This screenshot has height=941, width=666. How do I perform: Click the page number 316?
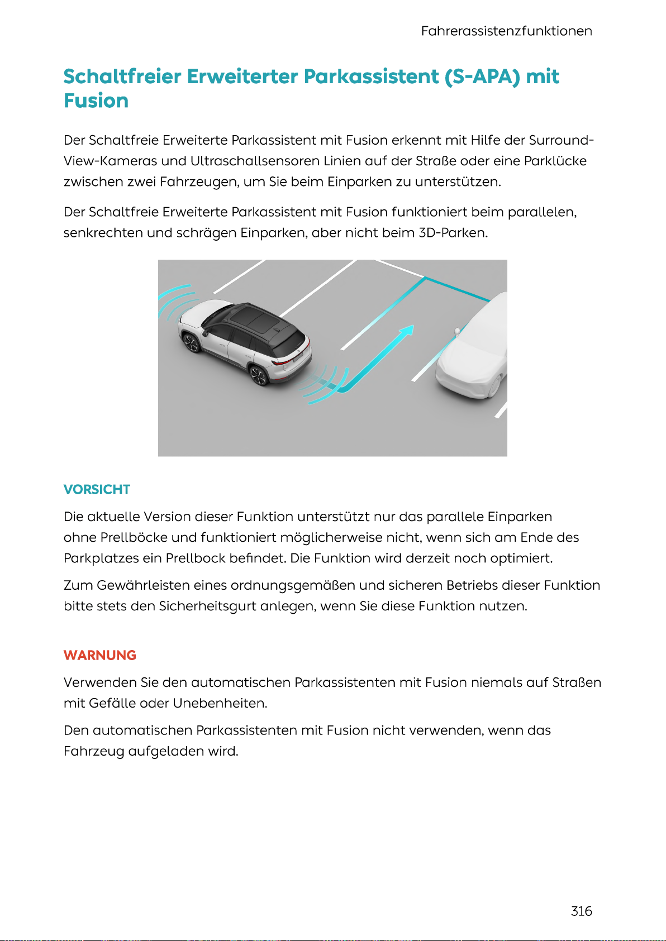pos(581,911)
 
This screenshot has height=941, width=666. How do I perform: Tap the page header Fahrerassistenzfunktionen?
pos(506,31)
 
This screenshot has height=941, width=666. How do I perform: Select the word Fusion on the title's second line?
pos(96,101)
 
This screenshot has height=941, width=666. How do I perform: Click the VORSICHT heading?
pos(97,490)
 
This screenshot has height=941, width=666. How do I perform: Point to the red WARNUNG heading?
pos(100,655)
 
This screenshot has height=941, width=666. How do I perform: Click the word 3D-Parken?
pos(453,233)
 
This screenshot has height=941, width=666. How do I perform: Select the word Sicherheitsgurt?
pos(208,606)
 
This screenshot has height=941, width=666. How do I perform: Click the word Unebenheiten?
pos(220,704)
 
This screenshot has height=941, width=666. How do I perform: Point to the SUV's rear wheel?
pos(258,375)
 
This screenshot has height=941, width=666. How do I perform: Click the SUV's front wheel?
pos(191,342)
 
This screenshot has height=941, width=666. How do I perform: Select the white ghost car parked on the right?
pos(475,352)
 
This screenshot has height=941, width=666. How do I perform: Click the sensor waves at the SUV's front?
pos(176,304)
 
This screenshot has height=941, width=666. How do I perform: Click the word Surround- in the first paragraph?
pos(561,140)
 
